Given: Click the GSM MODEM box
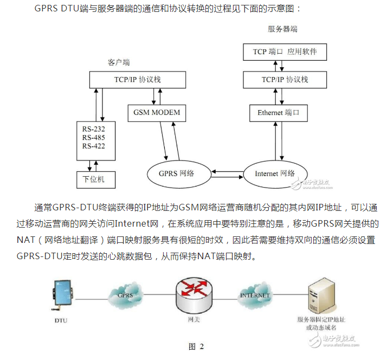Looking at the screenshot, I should pos(157,113).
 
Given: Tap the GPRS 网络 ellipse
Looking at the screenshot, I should pos(177,173).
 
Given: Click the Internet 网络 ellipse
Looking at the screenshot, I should pos(275,173).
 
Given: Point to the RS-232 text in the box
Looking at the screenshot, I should pos(94,129).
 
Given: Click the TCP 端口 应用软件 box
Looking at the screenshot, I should pos(285,52).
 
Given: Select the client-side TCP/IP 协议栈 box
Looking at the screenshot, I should pos(137,80).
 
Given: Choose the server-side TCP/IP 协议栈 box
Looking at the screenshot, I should pos(285,80).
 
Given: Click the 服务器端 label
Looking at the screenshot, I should pos(282,29).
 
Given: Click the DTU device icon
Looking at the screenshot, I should pos(62,295).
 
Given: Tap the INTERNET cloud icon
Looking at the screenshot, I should pos(254,295).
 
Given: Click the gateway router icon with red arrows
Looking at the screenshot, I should pos(194,295).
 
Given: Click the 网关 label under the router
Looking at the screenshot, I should pos(194,320).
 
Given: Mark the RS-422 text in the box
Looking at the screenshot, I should pos(94,146).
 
